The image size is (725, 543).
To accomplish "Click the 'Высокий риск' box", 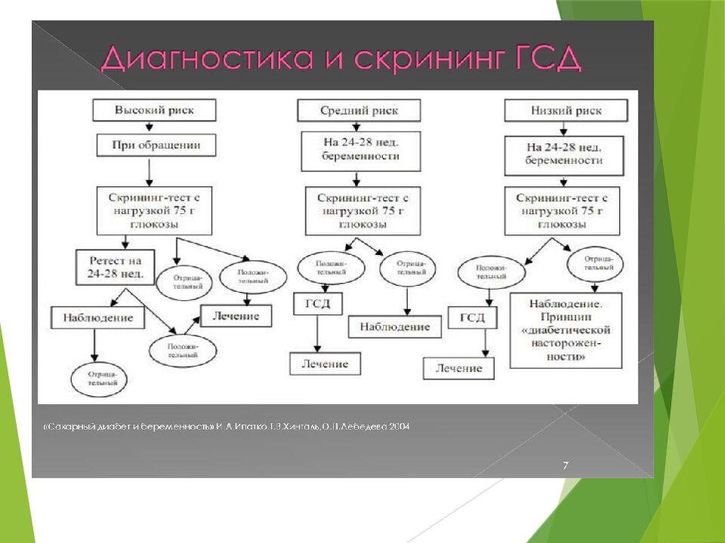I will [x=154, y=110].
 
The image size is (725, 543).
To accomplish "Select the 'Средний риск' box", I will [x=358, y=111].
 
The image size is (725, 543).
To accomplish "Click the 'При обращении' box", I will [x=156, y=144].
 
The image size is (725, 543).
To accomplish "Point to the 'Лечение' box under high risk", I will [x=235, y=316].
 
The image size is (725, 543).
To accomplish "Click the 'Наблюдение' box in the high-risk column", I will [x=97, y=318].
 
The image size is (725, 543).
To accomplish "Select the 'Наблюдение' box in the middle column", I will [x=394, y=327].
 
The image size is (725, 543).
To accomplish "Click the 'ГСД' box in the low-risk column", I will [x=472, y=318].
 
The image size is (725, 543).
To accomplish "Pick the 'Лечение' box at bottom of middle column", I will [x=325, y=364].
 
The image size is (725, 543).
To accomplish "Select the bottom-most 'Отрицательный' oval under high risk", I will [x=100, y=378].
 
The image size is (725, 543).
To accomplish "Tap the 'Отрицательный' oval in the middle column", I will [x=407, y=268].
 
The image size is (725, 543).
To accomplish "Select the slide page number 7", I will [x=565, y=465].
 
